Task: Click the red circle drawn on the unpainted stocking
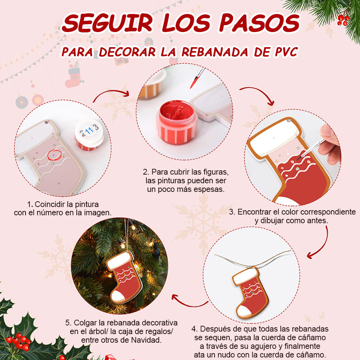tap(55, 155)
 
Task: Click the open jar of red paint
tap(177, 122)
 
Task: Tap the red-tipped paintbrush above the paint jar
tap(197, 78)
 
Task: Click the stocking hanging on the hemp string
tap(250, 292)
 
